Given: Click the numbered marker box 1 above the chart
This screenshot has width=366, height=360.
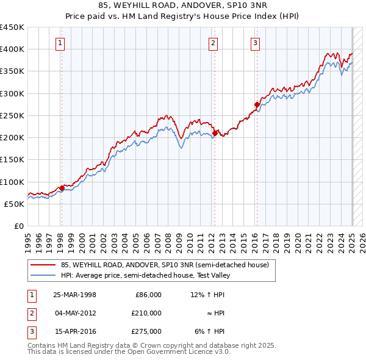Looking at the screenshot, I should click(x=61, y=43).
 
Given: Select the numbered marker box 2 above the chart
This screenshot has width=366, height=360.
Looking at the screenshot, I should click(x=213, y=43).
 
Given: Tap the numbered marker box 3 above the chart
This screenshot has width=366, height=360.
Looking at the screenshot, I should click(x=255, y=43).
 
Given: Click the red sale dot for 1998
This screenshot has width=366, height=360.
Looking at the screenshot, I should click(x=62, y=188).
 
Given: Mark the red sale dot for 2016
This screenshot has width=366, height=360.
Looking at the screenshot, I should click(x=257, y=104).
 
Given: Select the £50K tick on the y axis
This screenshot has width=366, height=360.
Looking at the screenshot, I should click(x=15, y=204).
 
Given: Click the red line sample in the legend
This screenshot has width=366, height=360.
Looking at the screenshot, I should click(x=43, y=265).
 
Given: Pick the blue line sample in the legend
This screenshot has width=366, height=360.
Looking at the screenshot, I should click(x=43, y=275).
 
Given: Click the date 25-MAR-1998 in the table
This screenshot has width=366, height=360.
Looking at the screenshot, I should click(x=75, y=295).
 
